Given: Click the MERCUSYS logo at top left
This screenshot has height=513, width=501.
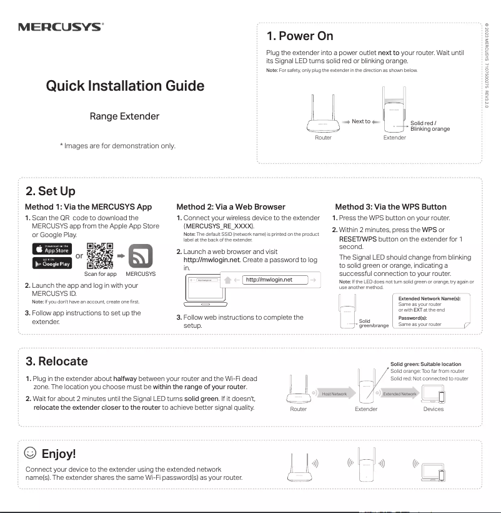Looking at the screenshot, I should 60,27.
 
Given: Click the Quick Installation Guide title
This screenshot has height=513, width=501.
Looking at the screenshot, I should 125,86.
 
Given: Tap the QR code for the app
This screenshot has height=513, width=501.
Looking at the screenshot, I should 100,256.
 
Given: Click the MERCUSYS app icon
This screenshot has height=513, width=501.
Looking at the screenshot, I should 141,256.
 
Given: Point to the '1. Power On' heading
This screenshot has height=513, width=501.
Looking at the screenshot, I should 300,36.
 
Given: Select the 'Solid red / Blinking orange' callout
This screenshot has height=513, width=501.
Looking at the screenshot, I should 430,126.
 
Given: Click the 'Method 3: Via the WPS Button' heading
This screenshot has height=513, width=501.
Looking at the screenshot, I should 390,206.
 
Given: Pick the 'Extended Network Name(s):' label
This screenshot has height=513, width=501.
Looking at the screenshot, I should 429,299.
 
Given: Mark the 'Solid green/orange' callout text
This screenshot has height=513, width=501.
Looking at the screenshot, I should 373,323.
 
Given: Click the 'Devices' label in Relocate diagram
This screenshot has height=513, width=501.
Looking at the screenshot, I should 433,409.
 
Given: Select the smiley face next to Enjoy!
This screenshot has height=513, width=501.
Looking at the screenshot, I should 29,452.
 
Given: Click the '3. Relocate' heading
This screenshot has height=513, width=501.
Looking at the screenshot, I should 57,362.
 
